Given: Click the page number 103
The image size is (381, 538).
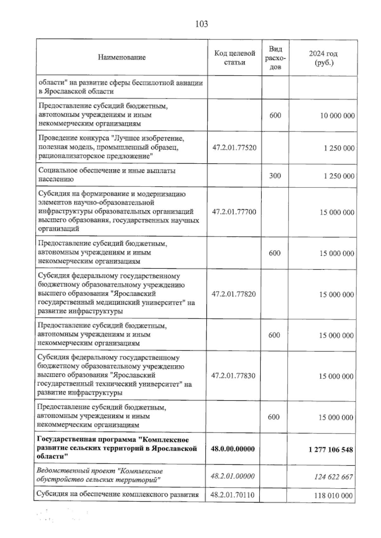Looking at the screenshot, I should (x=202, y=24).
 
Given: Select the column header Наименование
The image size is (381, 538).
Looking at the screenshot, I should (x=122, y=57).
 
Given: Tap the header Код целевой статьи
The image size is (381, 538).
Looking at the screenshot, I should (x=235, y=58).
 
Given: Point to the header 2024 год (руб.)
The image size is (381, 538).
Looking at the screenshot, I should (x=324, y=58).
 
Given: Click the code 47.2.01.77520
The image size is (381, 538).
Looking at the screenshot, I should (x=234, y=148).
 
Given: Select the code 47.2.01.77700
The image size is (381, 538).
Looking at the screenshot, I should (x=234, y=212).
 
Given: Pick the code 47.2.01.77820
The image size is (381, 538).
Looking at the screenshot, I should (x=234, y=294).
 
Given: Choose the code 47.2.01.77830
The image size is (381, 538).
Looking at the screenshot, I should (x=233, y=376).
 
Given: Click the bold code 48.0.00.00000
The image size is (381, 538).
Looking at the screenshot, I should (x=233, y=449).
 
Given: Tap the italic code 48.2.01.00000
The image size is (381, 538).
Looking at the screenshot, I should (x=233, y=476).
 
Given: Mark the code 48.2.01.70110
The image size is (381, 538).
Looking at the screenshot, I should (x=232, y=495).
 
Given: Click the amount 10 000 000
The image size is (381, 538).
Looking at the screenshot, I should (x=337, y=116).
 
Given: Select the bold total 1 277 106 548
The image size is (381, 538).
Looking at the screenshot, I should (x=331, y=449).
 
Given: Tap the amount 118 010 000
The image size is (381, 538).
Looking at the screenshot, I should (x=333, y=495).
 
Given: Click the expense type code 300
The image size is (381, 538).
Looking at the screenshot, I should (x=275, y=175).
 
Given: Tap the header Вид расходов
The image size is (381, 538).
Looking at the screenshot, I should (x=275, y=58).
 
